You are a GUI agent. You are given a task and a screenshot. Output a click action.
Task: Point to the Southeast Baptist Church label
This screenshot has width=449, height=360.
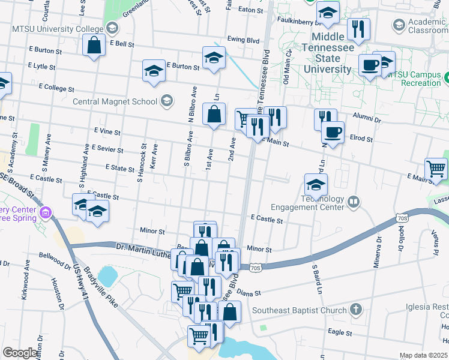pyautogui.click(x=300, y=310)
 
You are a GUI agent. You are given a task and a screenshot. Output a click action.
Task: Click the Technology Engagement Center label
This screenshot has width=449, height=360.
pyautogui.click(x=307, y=203)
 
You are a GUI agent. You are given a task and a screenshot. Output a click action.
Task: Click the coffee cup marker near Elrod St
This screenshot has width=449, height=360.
pyautogui.click(x=332, y=132)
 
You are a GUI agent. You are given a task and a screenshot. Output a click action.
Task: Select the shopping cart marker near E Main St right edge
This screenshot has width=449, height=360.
pyautogui.click(x=435, y=169)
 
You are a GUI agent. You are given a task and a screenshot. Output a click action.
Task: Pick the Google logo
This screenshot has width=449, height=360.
pyautogui.click(x=19, y=353)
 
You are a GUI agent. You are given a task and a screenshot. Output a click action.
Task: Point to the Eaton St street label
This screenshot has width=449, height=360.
pyautogui.click(x=251, y=10)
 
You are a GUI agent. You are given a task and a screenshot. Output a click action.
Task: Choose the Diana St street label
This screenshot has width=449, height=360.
pyautogui.click(x=249, y=293)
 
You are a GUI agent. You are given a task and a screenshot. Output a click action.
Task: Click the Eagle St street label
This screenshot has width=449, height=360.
pyautogui.click(x=339, y=331)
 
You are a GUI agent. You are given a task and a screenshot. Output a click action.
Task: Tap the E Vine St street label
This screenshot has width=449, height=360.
pyautogui.click(x=107, y=131)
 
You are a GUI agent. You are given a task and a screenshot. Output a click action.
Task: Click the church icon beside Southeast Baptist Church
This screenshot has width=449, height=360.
pyautogui.click(x=356, y=310)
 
